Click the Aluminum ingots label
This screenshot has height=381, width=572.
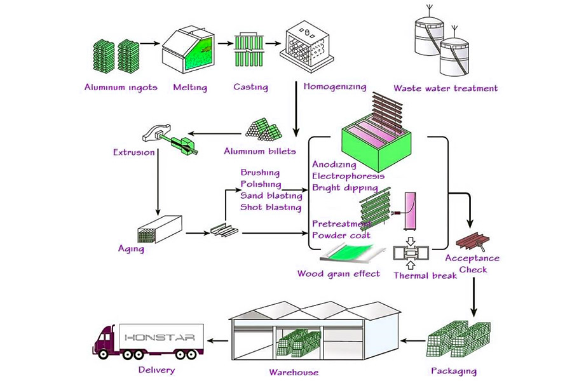(120, 87)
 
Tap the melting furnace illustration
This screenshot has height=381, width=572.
(189, 51)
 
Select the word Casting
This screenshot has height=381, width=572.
(250, 87)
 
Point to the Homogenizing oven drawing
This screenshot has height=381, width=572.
(307, 47)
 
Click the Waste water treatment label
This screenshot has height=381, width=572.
(445, 88)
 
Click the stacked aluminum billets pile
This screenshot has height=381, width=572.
(263, 130)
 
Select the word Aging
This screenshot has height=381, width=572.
(131, 249)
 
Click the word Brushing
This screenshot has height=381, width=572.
(259, 173)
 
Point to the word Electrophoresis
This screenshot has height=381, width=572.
(348, 176)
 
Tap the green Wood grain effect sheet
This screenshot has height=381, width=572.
(353, 258)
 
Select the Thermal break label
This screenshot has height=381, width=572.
(425, 275)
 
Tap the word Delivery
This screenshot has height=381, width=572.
(156, 370)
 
